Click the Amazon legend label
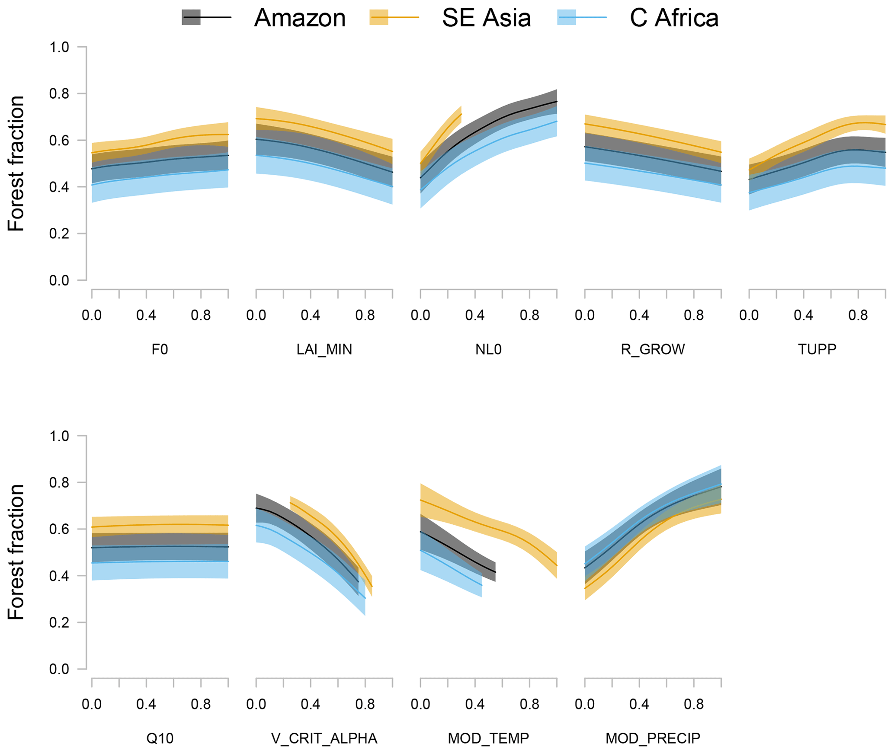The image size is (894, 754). (300, 18)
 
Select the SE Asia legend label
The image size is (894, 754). (486, 18)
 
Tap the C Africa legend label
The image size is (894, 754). (674, 18)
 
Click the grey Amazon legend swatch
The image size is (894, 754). (191, 17)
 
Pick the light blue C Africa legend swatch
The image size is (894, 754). (567, 17)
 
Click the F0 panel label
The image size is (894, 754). (160, 349)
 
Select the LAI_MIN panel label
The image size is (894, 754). (324, 349)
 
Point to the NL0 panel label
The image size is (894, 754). (488, 349)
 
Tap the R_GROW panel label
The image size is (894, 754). (653, 349)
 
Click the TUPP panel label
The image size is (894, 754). (817, 349)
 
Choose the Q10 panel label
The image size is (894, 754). (160, 738)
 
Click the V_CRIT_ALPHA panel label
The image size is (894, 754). (324, 738)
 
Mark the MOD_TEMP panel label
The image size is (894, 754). (488, 738)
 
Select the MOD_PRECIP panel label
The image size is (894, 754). (653, 738)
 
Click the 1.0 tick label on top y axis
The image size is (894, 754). (59, 47)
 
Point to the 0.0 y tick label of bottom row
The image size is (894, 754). (59, 669)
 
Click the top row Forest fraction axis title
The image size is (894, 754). (16, 164)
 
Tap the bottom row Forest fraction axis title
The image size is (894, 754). (16, 552)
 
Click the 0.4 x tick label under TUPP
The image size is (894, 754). (803, 315)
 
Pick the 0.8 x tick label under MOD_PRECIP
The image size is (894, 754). (694, 704)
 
